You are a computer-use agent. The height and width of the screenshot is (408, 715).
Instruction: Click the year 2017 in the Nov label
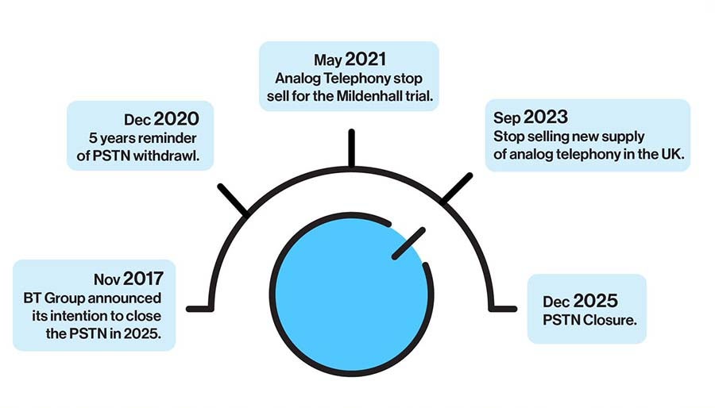click(143, 279)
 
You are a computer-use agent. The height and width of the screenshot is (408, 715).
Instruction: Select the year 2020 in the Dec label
click(176, 119)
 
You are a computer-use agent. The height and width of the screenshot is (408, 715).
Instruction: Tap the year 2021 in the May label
click(365, 60)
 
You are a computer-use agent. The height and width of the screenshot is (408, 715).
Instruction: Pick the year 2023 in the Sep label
click(546, 117)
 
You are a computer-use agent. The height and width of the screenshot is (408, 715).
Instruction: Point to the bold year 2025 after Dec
click(596, 301)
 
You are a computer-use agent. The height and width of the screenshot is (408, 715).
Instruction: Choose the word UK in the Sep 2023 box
click(673, 154)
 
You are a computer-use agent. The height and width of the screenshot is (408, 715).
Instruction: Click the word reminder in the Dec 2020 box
click(170, 137)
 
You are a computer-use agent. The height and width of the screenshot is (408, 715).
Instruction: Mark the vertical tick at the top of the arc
click(352, 148)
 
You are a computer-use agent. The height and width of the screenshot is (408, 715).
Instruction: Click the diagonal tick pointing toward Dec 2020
click(233, 199)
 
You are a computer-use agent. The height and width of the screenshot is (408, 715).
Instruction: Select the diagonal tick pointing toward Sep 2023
click(457, 187)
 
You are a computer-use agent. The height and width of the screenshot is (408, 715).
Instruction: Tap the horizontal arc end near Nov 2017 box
click(199, 310)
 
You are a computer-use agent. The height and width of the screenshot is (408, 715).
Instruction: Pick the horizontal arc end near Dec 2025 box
click(503, 309)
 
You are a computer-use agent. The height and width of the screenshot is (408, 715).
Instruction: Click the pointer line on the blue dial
click(408, 244)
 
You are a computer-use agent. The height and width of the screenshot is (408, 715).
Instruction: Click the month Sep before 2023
click(507, 118)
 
